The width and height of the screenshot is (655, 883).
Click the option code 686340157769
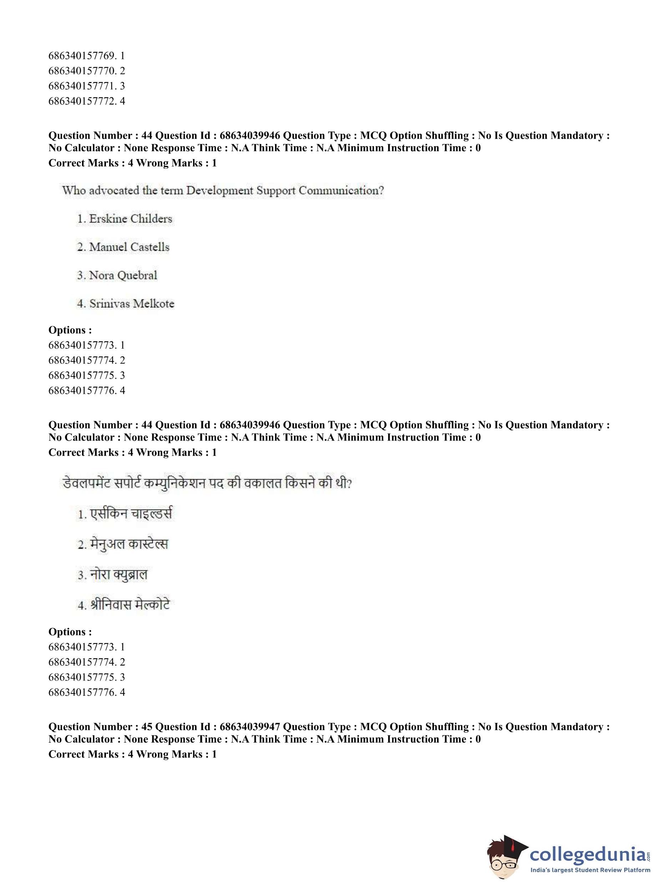click(82, 56)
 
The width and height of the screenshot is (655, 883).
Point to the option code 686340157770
click(82, 71)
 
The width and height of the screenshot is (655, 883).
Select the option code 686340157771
click(82, 86)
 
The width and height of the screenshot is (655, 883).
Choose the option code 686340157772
click(82, 101)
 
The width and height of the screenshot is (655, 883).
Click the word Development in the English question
click(219, 191)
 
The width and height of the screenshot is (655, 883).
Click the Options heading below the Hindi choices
click(70, 632)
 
